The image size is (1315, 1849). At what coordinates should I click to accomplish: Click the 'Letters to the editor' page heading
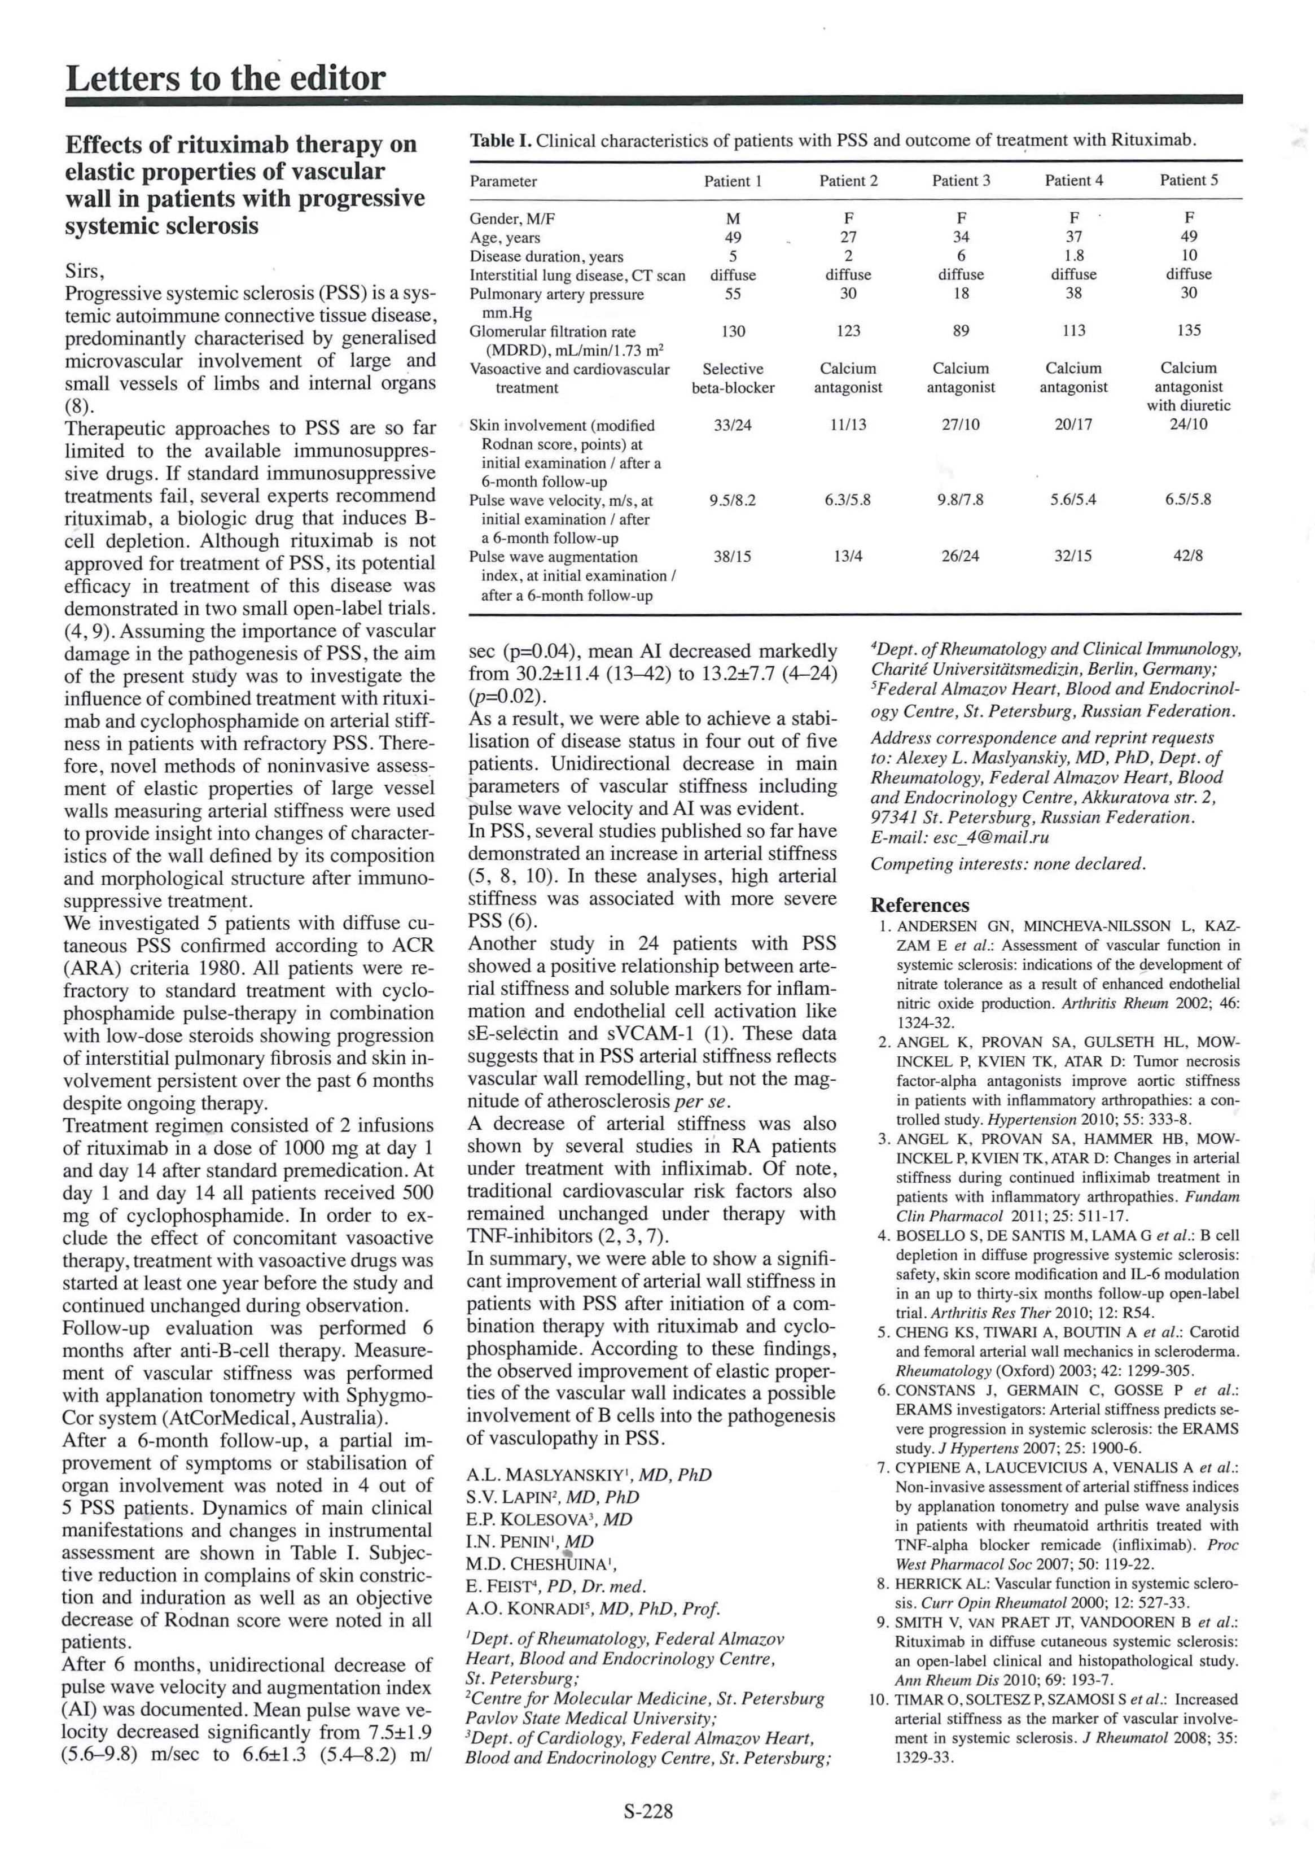click(x=225, y=78)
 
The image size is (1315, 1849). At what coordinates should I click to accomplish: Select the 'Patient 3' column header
click(x=961, y=181)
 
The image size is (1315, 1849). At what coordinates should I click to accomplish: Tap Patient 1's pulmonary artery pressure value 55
click(x=732, y=294)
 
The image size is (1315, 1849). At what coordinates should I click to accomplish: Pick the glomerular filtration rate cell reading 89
click(x=961, y=330)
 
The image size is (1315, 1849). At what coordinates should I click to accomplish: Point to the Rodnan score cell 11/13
click(x=847, y=425)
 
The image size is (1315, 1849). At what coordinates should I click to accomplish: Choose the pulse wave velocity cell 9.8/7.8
click(x=961, y=500)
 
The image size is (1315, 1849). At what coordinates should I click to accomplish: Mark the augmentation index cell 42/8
click(x=1188, y=557)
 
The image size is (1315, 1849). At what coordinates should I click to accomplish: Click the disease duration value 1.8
click(x=1073, y=256)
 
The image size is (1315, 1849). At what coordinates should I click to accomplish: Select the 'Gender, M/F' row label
click(x=512, y=218)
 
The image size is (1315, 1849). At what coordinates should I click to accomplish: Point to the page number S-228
click(x=648, y=1811)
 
